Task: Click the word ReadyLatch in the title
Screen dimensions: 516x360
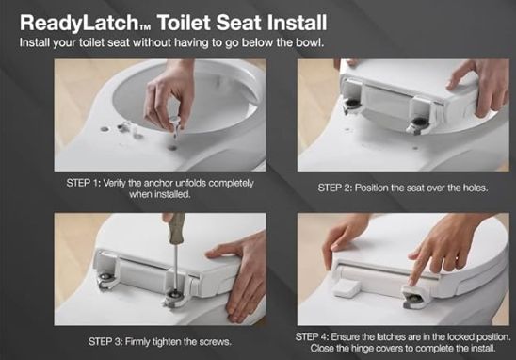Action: coord(79,23)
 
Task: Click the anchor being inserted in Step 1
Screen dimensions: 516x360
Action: coord(175,127)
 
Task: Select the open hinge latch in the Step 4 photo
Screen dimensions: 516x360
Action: coord(416,299)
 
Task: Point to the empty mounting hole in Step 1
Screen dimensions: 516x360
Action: coord(171,147)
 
